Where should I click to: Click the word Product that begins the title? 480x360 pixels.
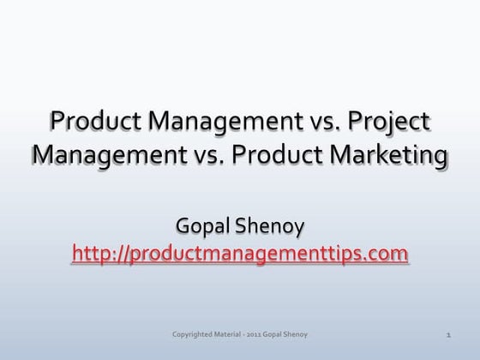click(93, 123)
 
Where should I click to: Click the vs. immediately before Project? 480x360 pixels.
click(333, 123)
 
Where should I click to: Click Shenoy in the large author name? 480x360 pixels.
click(274, 228)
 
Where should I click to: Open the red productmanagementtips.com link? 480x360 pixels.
click(241, 255)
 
